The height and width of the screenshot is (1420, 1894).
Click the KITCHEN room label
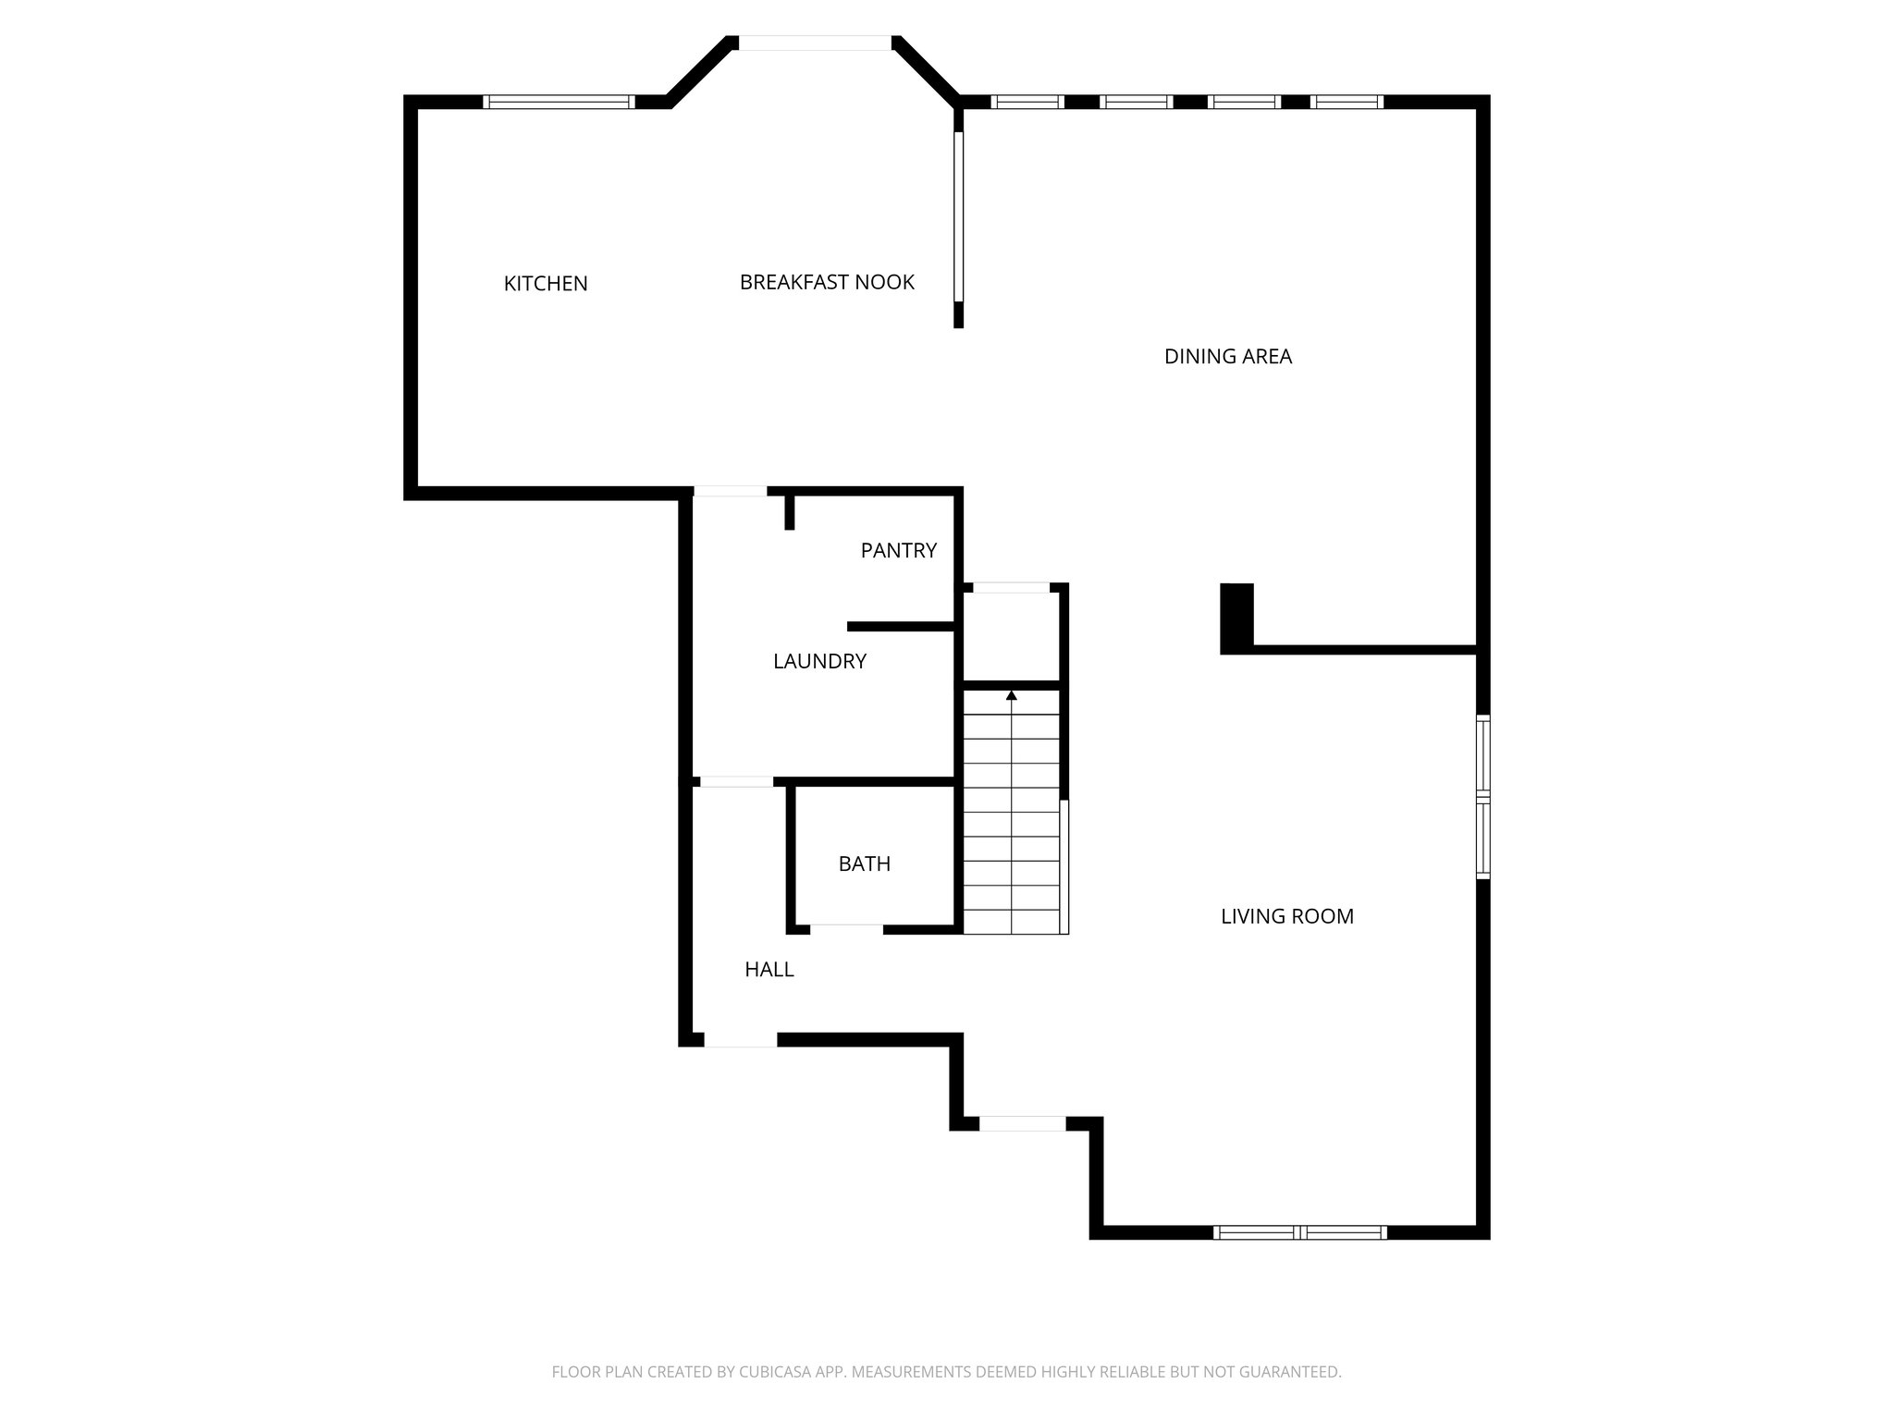pyautogui.click(x=545, y=284)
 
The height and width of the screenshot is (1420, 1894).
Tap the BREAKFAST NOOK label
pyautogui.click(x=827, y=282)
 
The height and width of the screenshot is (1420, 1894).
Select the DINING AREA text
pyautogui.click(x=1227, y=356)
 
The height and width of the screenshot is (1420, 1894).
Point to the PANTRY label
pyautogui.click(x=898, y=550)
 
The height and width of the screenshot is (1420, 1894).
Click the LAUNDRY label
pyautogui.click(x=819, y=661)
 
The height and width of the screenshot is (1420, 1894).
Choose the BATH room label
pyautogui.click(x=864, y=863)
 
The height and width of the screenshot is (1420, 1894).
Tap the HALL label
pyautogui.click(x=769, y=969)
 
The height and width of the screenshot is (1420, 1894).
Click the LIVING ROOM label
pyautogui.click(x=1286, y=916)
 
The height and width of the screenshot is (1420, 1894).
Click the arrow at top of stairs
pyautogui.click(x=1011, y=695)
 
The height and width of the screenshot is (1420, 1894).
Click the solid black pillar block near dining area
pyautogui.click(x=1236, y=617)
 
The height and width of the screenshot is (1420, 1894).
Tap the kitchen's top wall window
pyautogui.click(x=559, y=102)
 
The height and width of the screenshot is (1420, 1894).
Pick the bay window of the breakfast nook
pyautogui.click(x=814, y=43)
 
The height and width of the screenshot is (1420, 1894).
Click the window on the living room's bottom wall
pyautogui.click(x=1299, y=1231)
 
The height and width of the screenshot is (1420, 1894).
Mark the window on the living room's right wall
pyautogui.click(x=1482, y=796)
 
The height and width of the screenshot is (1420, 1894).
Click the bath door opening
pyautogui.click(x=846, y=928)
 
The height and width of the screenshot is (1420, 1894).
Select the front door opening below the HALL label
pyautogui.click(x=740, y=1040)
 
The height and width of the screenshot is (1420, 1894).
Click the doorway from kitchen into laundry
pyautogui.click(x=730, y=492)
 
